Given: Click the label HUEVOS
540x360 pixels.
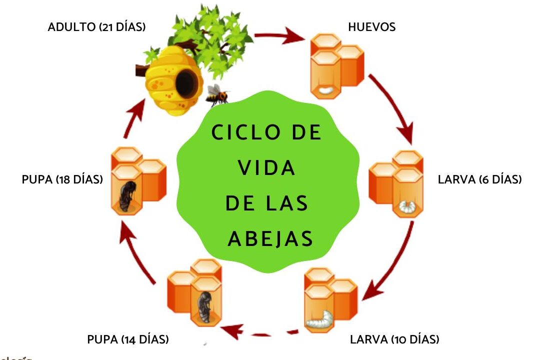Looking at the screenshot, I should click(371, 27).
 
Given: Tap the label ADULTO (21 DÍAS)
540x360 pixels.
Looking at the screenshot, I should click(96, 27).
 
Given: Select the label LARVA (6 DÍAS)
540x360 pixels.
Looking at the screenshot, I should click(479, 179).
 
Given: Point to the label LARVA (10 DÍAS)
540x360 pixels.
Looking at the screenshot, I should click(394, 339).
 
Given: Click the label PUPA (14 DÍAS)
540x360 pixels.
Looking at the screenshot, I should click(128, 339).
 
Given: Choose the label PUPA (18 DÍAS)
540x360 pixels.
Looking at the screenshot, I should click(62, 179).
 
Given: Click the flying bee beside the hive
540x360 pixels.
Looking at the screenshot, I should click(217, 94).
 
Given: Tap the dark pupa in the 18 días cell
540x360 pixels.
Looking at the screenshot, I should click(126, 195).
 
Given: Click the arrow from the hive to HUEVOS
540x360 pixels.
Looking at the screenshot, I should click(280, 36).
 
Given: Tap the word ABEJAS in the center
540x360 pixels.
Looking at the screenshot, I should click(270, 239).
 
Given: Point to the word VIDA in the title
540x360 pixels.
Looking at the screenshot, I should click(267, 168).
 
